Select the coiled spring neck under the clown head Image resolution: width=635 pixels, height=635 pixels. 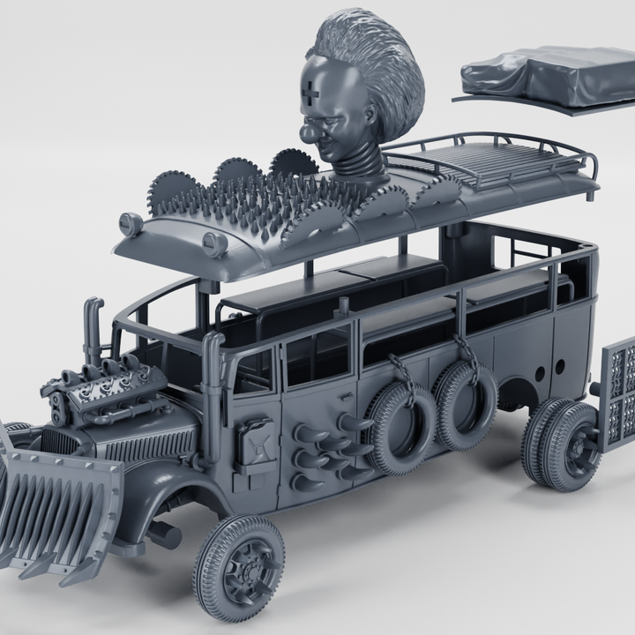(x=358, y=162)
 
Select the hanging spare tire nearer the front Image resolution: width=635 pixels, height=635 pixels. (x=401, y=427)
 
